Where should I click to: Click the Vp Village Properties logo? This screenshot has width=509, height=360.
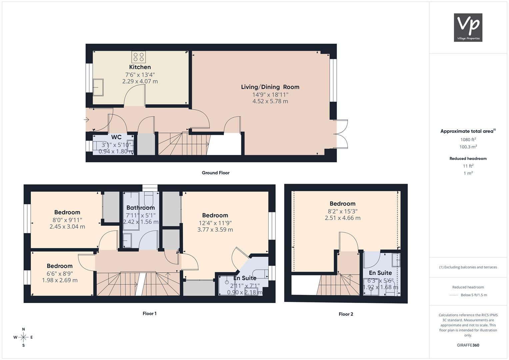point(468,27)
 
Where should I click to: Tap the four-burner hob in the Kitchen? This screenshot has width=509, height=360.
point(139,57)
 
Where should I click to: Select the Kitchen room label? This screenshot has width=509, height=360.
point(140,67)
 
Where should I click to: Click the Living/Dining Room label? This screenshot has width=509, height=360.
point(270,87)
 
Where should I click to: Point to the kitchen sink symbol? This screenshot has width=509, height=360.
point(98,87)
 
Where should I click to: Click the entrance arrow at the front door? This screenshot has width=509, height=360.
point(86,119)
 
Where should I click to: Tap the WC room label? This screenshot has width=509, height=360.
point(116,137)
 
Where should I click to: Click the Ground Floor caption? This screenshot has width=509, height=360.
point(216,173)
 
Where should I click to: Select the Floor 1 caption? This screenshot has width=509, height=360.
point(150,313)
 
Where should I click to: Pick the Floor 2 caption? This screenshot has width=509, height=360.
point(346,314)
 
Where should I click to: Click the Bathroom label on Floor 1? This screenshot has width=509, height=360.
point(141,207)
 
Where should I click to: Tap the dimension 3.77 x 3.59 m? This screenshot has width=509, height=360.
point(215,230)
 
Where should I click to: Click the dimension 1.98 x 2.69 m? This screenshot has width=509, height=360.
point(60,280)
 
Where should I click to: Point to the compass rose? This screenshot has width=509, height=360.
point(23,337)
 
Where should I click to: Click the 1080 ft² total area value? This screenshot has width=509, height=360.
point(468,140)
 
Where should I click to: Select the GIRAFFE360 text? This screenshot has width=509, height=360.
point(468,345)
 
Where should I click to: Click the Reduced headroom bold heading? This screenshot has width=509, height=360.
point(468,159)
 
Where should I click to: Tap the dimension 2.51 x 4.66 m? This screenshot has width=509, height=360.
point(343,218)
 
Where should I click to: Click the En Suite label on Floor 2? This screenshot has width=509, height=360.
point(380,273)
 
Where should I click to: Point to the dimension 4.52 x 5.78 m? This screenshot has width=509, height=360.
point(270,101)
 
